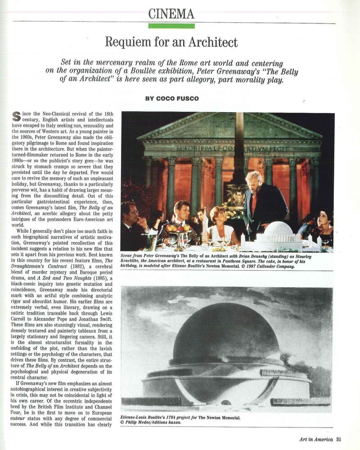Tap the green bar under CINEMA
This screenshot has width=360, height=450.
171,26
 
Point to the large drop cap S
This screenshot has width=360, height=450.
17,116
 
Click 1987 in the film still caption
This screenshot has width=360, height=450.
248,266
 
